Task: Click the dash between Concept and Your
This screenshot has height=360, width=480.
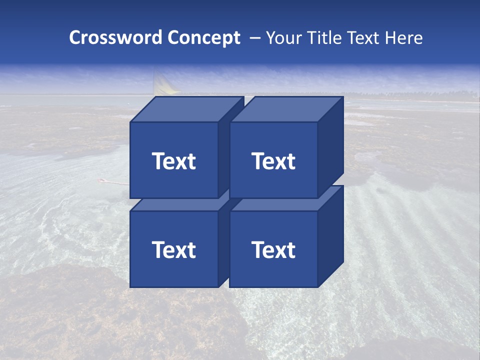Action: click(x=254, y=38)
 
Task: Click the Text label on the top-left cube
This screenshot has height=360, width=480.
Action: click(x=174, y=161)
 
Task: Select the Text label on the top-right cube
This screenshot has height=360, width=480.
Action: click(x=273, y=161)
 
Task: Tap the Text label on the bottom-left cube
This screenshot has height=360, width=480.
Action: click(x=174, y=249)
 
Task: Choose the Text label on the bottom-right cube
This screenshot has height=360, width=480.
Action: click(x=273, y=249)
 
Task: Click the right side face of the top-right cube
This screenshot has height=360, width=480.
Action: click(x=331, y=150)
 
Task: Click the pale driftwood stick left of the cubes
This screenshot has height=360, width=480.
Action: click(x=114, y=182)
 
